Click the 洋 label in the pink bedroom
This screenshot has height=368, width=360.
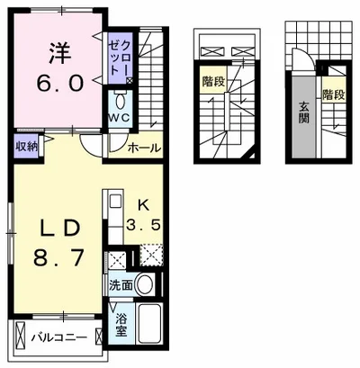tap(60, 53)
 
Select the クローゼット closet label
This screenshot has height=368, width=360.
tap(120, 58)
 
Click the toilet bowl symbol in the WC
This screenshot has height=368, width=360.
tap(120, 101)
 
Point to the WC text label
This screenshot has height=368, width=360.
tap(120, 118)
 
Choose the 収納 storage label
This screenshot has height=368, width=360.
tap(26, 147)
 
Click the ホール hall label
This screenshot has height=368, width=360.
tap(145, 148)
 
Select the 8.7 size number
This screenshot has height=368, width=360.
tap(58, 258)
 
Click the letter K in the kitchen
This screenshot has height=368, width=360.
tap(143, 206)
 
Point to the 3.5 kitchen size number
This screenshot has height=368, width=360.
tap(142, 224)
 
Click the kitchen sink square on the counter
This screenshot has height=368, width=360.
tap(115, 201)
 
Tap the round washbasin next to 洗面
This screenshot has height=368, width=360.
tap(145, 283)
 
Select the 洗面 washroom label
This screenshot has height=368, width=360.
tap(121, 286)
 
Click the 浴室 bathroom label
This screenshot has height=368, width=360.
tap(121, 325)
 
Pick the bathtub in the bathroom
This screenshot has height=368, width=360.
tap(148, 324)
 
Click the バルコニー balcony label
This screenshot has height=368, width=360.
tap(60, 337)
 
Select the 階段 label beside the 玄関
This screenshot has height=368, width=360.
tap(334, 95)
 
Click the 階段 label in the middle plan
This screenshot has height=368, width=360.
tap(213, 81)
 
